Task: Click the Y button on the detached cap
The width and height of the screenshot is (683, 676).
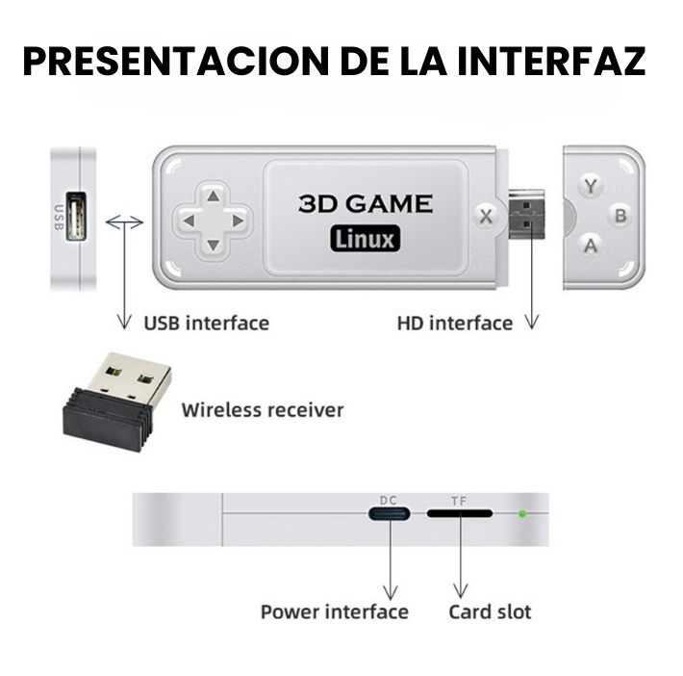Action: coord(591,187)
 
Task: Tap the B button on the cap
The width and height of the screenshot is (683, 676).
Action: coord(620,216)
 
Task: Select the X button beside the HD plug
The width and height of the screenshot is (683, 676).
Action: coord(486,217)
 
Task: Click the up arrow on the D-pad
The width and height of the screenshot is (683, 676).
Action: coord(213,196)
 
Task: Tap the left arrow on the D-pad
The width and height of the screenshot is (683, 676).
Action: coord(190,221)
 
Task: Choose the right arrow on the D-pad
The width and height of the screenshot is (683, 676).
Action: coord(238,221)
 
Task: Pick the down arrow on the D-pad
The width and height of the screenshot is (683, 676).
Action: coord(213,246)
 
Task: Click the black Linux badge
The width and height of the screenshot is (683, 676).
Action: coord(365,239)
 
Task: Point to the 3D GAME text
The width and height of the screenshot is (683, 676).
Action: coord(366,204)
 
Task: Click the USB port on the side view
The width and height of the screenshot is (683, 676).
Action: coord(76,216)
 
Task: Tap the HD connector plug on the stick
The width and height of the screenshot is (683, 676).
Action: coord(526,214)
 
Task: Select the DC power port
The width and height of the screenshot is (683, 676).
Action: coord(389,514)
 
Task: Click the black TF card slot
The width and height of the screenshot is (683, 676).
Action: coord(460,513)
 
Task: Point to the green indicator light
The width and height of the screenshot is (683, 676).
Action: coord(521,513)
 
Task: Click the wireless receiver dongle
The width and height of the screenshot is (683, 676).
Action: coord(116,401)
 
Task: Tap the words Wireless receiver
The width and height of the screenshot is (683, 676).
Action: coord(263,410)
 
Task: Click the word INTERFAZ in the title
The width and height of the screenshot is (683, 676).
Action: coord(551,61)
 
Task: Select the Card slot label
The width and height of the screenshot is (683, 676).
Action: coord(490,611)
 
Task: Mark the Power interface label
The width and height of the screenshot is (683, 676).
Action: coord(335,611)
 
